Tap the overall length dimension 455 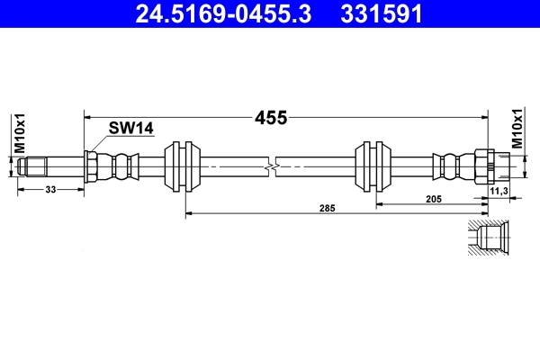tap(270, 118)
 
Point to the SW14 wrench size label tap(130, 129)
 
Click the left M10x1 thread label tap(18, 133)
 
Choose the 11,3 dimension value tap(499, 191)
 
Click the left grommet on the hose tap(184, 166)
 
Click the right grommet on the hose tap(376, 166)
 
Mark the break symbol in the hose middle tap(270, 166)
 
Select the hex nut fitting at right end tap(481, 166)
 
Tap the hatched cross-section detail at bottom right tap(490, 238)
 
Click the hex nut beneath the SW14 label tap(91, 166)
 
